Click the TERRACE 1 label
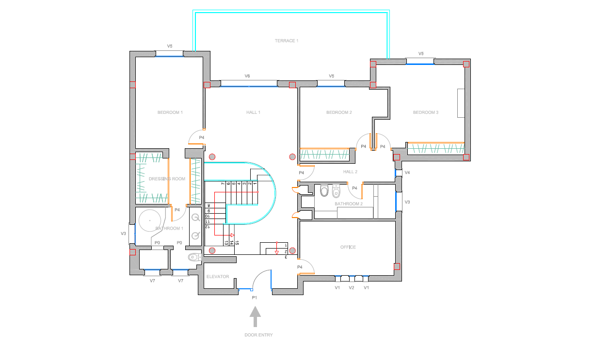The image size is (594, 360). point(287,41)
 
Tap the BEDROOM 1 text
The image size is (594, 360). point(170,112)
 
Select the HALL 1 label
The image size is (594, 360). point(253,112)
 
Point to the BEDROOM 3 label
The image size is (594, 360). point(426,112)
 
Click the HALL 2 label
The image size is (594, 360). point(350,172)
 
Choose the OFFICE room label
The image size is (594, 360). point(348,247)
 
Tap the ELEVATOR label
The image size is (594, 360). point(218,277)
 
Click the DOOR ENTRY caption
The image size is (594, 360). point(258,335)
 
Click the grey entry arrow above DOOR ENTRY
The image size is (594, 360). point(255,316)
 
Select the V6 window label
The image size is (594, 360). point(247,76)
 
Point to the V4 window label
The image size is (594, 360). point(407,172)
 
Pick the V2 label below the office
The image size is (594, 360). point(352,288)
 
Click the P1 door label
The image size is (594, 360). point(254,298)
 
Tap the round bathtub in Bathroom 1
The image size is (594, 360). point(150,220)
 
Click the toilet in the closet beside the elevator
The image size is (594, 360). point(194,257)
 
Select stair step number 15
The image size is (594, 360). point(237,243)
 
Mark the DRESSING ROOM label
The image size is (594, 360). point(167,179)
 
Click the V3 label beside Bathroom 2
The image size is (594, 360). point(407,202)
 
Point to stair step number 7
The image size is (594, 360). point(223,184)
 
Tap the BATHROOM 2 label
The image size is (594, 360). point(349,204)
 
